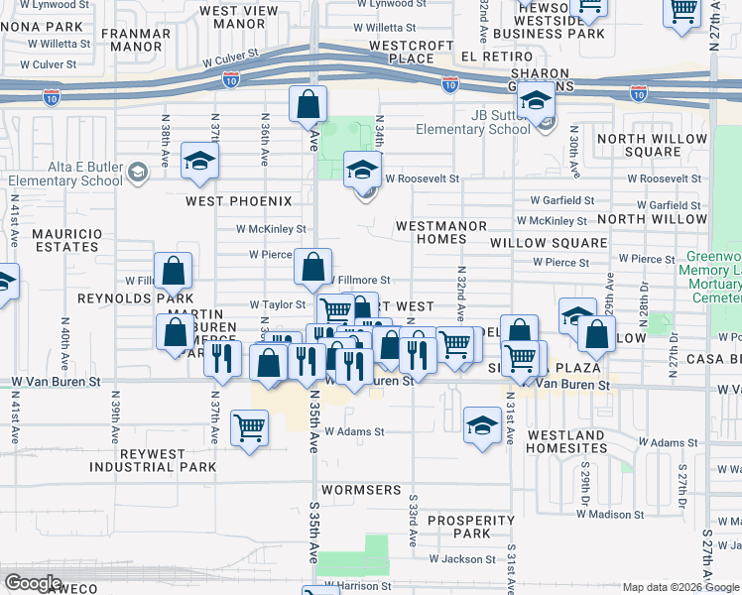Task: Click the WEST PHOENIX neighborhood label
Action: click(x=239, y=201)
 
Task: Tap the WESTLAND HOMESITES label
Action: click(x=566, y=441)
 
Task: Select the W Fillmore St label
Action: click(x=359, y=281)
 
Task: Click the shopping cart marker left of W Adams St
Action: click(x=249, y=428)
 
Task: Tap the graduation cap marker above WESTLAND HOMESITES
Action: click(x=482, y=426)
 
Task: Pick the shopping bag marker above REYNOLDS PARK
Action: click(x=173, y=271)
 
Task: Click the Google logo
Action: click(x=34, y=583)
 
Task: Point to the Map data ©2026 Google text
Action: click(x=680, y=587)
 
